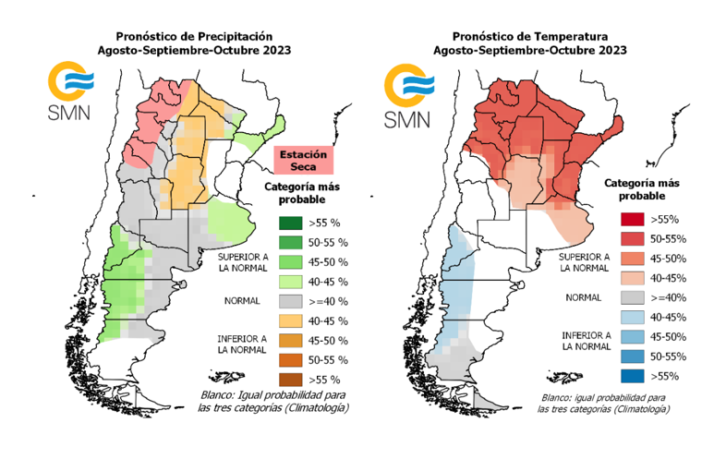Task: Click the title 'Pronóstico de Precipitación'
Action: (194, 34)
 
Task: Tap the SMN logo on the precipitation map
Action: (68, 92)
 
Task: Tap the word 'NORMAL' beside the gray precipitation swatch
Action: (242, 301)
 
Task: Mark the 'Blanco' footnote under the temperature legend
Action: (606, 403)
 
